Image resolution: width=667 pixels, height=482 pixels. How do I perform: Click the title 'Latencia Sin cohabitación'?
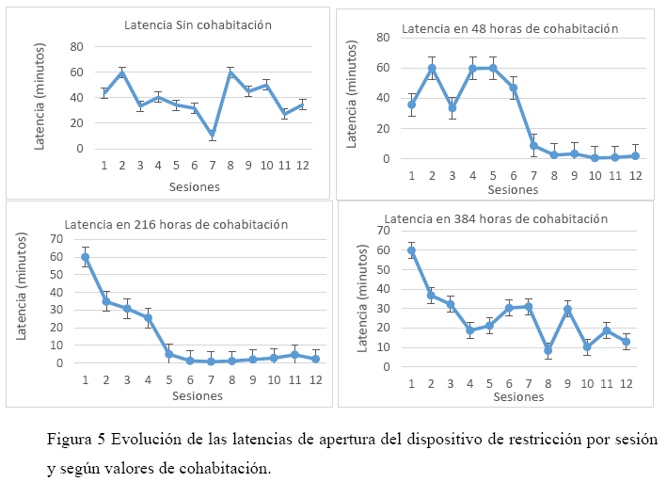pos(198,24)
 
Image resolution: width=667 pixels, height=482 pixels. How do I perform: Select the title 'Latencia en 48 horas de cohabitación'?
pos(509,28)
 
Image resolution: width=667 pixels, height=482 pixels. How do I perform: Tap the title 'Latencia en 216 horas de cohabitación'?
pos(175,224)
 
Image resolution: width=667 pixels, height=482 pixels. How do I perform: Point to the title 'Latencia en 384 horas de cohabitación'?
pos(504,218)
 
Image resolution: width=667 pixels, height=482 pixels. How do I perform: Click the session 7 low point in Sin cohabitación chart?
pos(214,135)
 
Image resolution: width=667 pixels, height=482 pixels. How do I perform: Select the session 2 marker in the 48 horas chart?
pos(432,68)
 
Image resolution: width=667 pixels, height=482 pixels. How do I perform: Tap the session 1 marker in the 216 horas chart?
pos(86,257)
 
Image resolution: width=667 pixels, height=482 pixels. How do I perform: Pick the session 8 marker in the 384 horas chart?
pos(548,350)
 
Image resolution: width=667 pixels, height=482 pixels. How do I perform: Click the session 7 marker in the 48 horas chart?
pos(533,145)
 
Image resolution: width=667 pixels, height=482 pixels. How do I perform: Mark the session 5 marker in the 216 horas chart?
pos(169,354)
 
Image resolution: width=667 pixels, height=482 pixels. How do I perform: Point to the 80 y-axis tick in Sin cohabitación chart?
pos(76,46)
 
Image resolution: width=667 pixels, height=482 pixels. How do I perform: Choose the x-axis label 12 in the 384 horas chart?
pos(626,384)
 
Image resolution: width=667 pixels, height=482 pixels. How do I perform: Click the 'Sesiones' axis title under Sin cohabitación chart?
pos(195,186)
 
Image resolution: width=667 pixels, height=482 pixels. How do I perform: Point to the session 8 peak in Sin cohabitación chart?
pos(230,73)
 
